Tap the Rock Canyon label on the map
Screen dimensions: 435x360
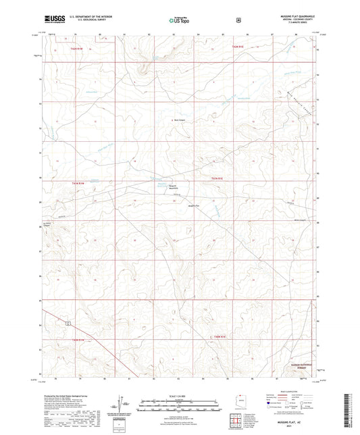click(x=180, y=122)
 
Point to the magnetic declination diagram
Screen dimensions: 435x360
click(x=124, y=405)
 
